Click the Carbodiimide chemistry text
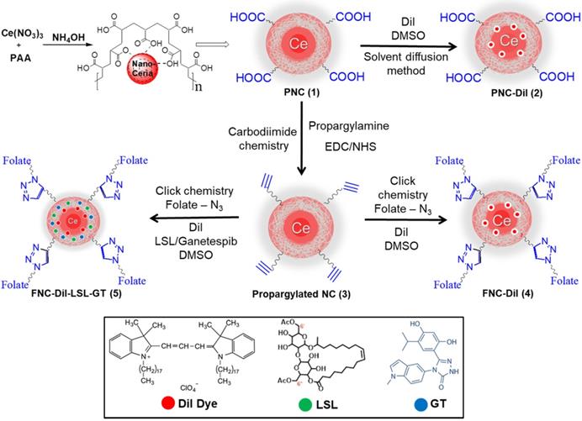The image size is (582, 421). [251, 145]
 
